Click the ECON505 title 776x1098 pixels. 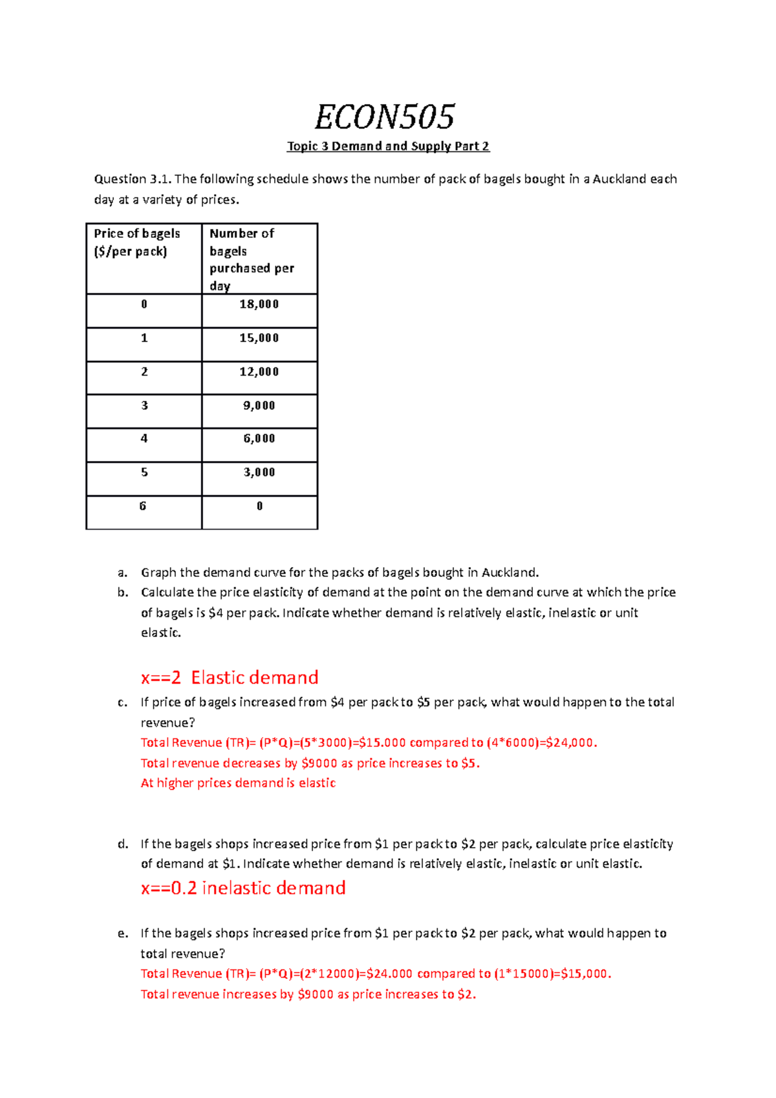pyautogui.click(x=385, y=117)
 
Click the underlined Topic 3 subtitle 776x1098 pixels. pyautogui.click(x=388, y=146)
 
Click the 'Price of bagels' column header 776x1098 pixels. pyautogui.click(x=137, y=242)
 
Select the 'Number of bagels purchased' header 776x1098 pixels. pyautogui.click(x=252, y=259)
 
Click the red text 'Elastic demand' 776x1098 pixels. pyautogui.click(x=255, y=678)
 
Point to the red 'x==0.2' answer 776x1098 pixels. pyautogui.click(x=169, y=888)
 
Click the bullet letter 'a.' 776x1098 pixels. pyautogui.click(x=123, y=572)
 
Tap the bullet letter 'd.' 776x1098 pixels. pyautogui.click(x=123, y=844)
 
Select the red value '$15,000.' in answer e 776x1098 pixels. pyautogui.click(x=586, y=974)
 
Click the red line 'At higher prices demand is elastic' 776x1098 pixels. pyautogui.click(x=238, y=783)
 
